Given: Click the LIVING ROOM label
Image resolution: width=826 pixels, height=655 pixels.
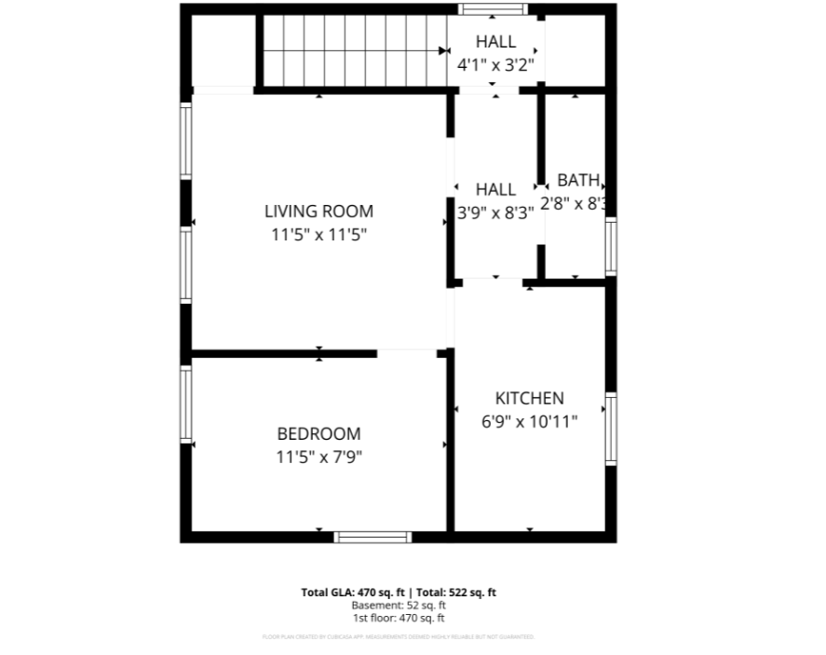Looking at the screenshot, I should coord(318,212).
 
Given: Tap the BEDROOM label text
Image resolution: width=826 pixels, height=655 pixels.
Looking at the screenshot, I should coord(318,434).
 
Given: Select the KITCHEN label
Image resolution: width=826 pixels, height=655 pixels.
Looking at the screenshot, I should coord(529,398).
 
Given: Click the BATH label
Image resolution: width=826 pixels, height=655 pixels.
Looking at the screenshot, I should coord(578,181).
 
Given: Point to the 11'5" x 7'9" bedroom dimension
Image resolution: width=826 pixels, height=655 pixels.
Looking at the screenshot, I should coord(318,457).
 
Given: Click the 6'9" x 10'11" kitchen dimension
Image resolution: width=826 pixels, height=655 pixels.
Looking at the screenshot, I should coord(529,421).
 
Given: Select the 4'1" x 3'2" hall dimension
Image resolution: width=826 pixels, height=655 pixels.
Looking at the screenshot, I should coord(494,66).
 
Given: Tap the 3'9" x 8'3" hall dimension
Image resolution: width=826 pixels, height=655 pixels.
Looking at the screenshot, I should coord(495,212).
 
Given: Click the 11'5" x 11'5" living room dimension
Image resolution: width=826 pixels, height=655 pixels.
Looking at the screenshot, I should coord(318,235).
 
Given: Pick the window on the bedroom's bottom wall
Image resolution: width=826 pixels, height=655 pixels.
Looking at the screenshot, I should coord(372,537).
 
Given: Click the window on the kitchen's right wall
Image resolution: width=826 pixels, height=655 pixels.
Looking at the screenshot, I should coord(611,429).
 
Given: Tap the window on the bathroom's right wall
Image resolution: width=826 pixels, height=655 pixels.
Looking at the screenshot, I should coord(611,246).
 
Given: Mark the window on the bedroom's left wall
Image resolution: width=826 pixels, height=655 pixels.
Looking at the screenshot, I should coord(186,403).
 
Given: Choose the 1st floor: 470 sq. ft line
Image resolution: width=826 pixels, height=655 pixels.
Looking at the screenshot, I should coord(398,617).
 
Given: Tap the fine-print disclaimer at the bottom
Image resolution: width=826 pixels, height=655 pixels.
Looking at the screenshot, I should coord(398,637).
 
